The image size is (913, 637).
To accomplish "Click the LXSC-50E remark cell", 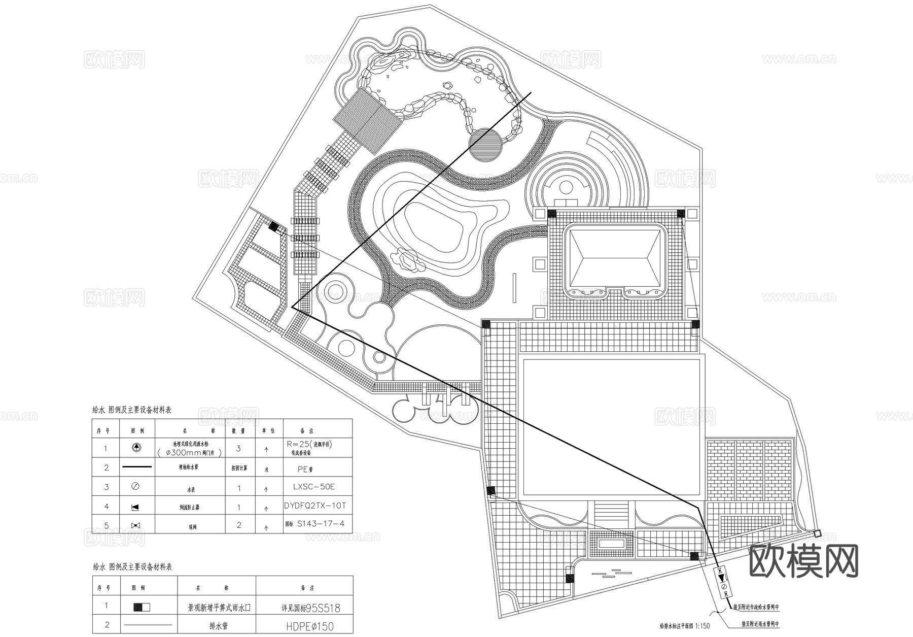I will click(x=314, y=486).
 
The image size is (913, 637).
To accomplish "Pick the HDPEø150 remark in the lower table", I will click(x=307, y=626).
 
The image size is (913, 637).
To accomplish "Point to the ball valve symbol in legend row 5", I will click(x=136, y=525).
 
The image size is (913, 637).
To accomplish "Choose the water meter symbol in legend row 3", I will click(x=135, y=486).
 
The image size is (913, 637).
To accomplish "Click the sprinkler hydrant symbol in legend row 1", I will click(x=136, y=448).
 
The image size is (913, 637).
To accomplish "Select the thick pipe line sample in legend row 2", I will click(x=135, y=466).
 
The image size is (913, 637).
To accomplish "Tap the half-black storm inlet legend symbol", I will click(x=142, y=607).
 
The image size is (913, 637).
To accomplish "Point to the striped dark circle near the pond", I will click(x=485, y=144).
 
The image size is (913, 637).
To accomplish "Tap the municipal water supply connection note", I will click(x=755, y=607).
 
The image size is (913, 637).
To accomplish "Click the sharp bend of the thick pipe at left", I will click(x=293, y=307).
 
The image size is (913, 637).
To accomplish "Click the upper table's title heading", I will click(x=132, y=410).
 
